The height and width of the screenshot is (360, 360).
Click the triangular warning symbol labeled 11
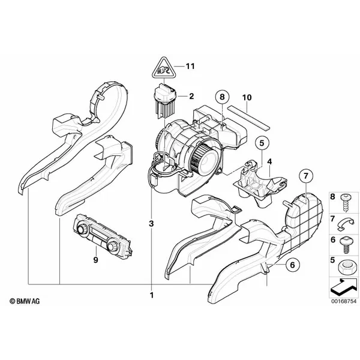click(x=163, y=68)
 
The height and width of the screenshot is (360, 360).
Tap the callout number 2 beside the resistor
click(x=191, y=96)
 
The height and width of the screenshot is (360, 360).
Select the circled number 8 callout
click(x=222, y=97)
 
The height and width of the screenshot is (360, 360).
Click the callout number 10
click(x=247, y=97)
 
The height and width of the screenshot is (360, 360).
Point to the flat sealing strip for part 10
click(x=249, y=118)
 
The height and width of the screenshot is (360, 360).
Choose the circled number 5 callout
click(x=262, y=143)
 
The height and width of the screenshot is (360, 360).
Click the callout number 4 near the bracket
click(x=269, y=161)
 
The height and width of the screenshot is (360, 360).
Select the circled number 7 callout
click(x=305, y=176)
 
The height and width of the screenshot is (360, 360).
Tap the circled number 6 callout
click(x=292, y=265)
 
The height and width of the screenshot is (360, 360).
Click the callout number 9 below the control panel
click(x=96, y=260)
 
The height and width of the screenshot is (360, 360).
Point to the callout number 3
click(x=151, y=223)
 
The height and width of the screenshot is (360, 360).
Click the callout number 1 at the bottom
click(x=152, y=295)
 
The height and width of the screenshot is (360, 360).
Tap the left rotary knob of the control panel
click(x=82, y=229)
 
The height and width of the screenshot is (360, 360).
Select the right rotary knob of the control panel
click(x=112, y=247)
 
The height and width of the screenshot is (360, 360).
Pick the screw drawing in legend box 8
click(x=345, y=203)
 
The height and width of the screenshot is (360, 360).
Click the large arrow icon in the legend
click(x=344, y=287)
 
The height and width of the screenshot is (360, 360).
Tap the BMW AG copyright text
click(x=25, y=301)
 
